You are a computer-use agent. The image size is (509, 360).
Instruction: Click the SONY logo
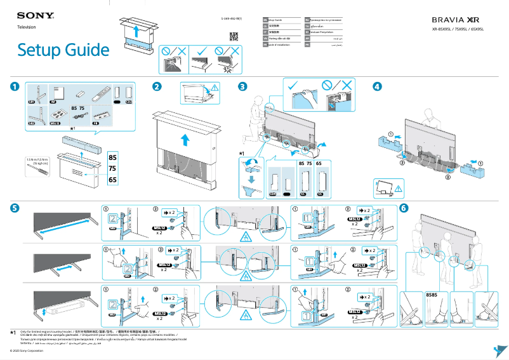click(x=32, y=15)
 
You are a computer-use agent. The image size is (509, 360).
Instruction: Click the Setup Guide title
click(x=63, y=50)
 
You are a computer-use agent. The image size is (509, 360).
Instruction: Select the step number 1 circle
click(x=15, y=86)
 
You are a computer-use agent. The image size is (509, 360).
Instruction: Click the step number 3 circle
click(x=242, y=86)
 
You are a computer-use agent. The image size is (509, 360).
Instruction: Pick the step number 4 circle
click(x=378, y=86)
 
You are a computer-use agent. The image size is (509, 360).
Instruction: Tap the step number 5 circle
click(x=15, y=208)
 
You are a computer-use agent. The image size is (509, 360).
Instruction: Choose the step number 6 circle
click(x=404, y=208)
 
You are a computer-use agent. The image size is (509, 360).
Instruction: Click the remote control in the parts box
click(x=97, y=95)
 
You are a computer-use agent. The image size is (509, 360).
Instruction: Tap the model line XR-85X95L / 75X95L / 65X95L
click(x=458, y=29)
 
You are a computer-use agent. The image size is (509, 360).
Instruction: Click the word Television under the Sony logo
click(x=26, y=27)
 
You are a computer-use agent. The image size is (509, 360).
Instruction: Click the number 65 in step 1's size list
click(x=112, y=180)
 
